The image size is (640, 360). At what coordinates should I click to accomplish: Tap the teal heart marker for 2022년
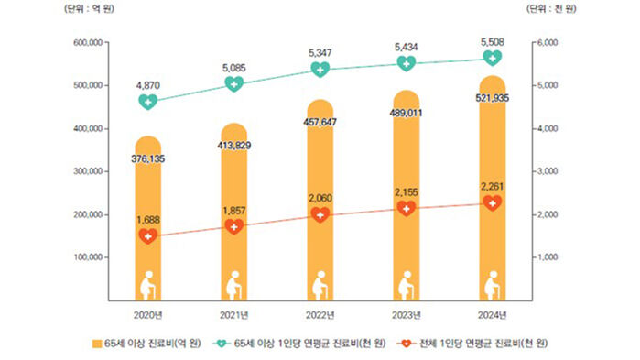tap(320, 70)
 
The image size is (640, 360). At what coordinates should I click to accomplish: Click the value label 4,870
tap(148, 83)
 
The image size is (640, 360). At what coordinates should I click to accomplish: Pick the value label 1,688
tap(148, 219)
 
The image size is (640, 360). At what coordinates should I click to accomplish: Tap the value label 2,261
tap(492, 187)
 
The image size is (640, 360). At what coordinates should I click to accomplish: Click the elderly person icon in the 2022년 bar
tap(320, 286)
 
